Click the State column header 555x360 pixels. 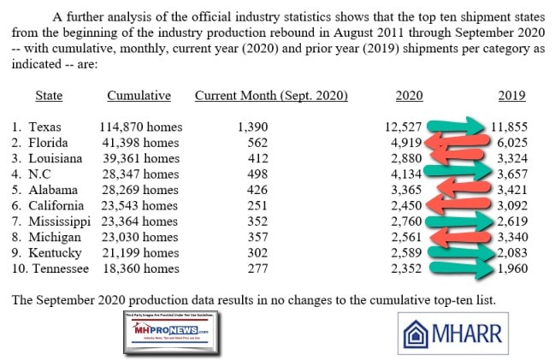pyautogui.click(x=50, y=96)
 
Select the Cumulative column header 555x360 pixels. pyautogui.click(x=139, y=96)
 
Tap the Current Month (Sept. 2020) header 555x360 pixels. pyautogui.click(x=271, y=96)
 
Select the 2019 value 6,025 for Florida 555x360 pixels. pyautogui.click(x=511, y=142)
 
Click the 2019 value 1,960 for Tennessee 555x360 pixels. pyautogui.click(x=511, y=269)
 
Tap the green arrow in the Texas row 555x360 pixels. pyautogui.click(x=458, y=127)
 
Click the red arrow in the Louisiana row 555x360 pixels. pyautogui.click(x=458, y=158)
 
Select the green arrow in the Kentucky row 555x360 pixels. pyautogui.click(x=458, y=253)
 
